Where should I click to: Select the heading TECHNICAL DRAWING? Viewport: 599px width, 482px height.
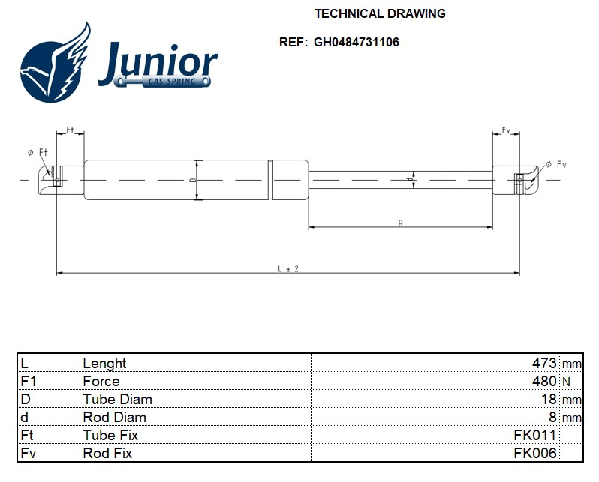[379, 13]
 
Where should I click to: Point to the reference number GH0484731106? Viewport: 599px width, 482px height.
[357, 42]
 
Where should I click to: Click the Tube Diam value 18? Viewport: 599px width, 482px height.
[549, 399]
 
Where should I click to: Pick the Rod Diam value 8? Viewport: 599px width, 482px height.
[552, 417]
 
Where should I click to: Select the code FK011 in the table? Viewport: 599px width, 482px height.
[534, 435]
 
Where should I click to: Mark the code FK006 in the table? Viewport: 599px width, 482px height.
[534, 453]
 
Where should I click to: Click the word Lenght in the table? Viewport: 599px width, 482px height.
[104, 363]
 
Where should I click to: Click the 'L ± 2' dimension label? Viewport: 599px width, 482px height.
[288, 268]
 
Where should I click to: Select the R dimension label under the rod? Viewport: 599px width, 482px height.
[400, 223]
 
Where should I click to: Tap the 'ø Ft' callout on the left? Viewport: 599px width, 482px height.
[38, 152]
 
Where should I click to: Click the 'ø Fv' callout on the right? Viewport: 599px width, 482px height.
[555, 164]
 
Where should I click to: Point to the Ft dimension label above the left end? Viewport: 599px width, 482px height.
[71, 130]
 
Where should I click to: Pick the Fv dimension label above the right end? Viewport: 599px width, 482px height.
[506, 130]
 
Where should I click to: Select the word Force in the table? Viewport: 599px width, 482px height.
[101, 381]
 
